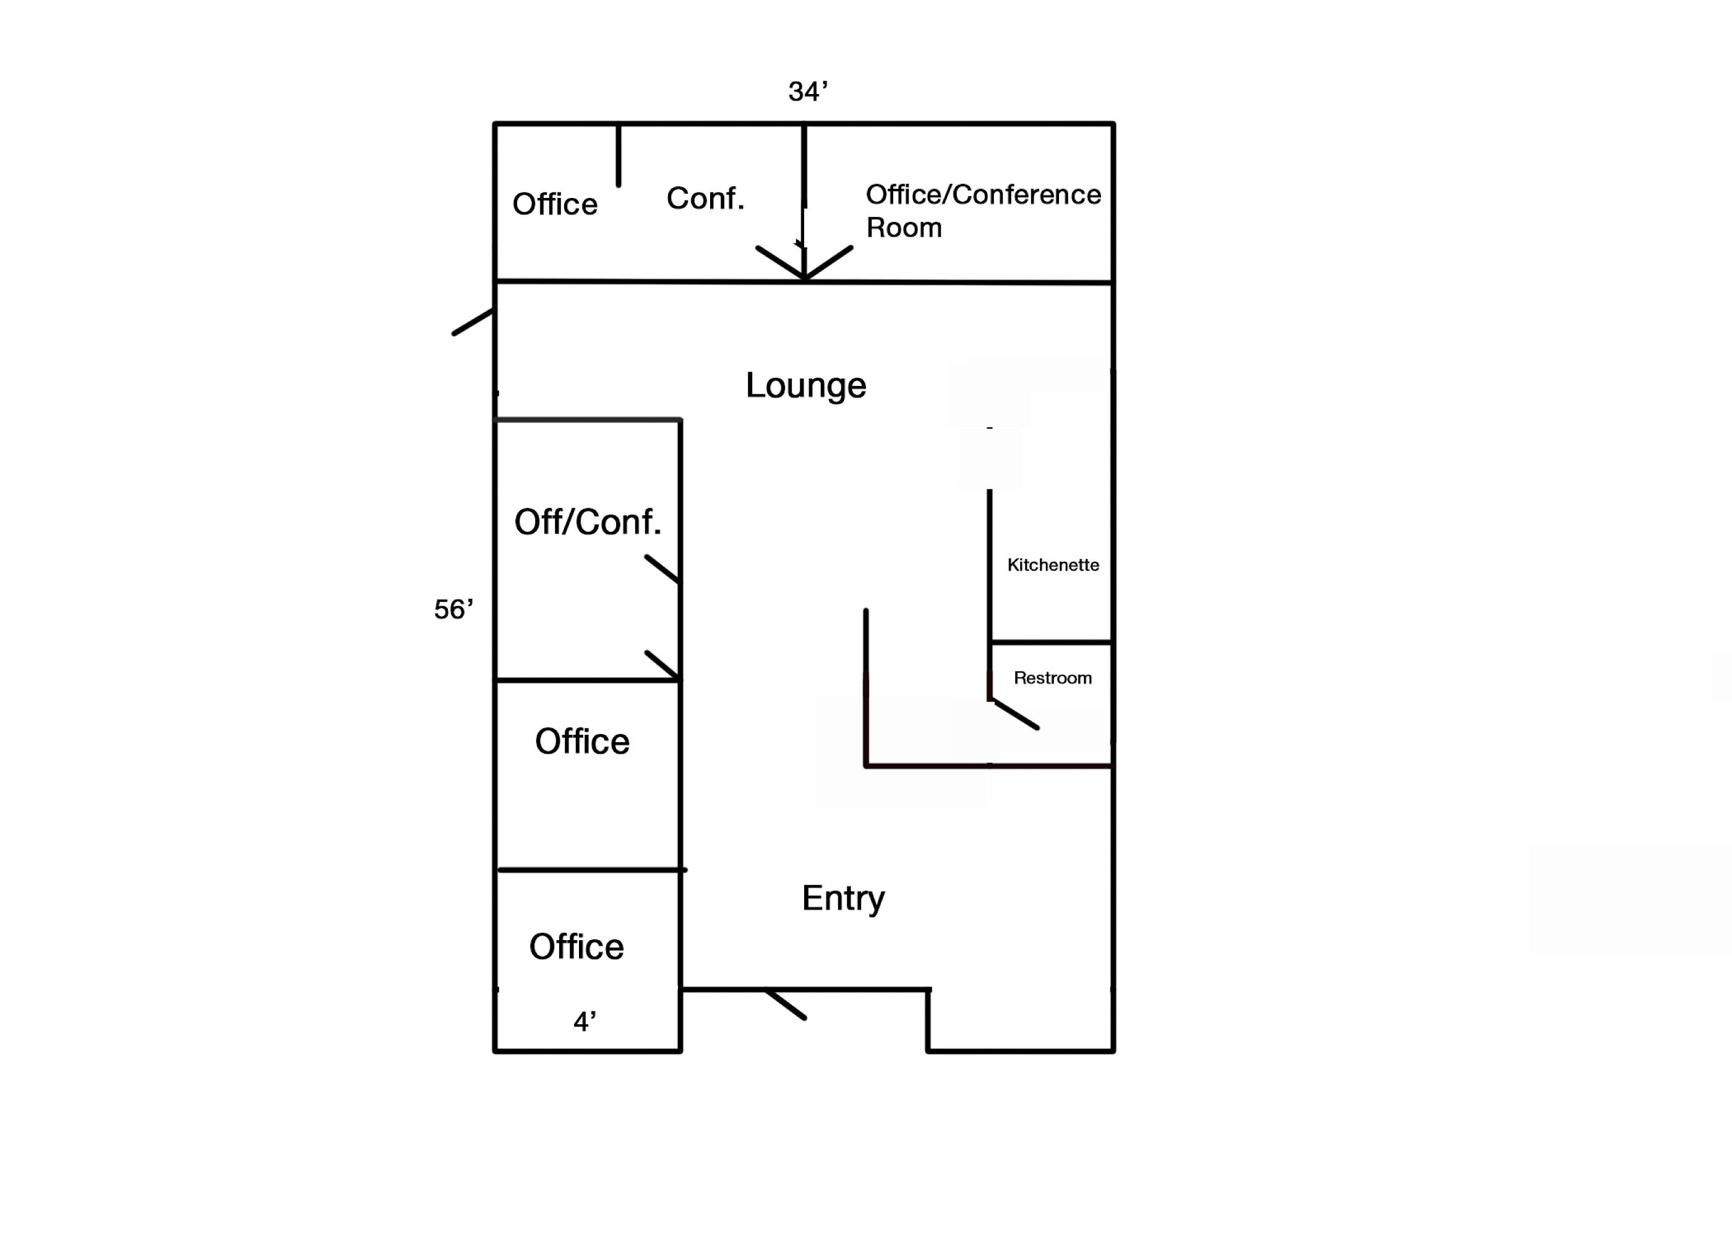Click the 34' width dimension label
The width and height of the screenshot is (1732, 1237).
pyautogui.click(x=807, y=92)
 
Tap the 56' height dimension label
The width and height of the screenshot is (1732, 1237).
pyautogui.click(x=453, y=609)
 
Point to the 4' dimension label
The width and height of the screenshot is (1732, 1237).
pyautogui.click(x=584, y=1021)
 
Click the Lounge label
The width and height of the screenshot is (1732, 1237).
pyautogui.click(x=806, y=385)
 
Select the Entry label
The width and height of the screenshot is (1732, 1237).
pyautogui.click(x=843, y=898)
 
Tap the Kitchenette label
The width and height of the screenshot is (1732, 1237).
pyautogui.click(x=1053, y=565)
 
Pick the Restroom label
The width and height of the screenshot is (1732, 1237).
pyautogui.click(x=1053, y=677)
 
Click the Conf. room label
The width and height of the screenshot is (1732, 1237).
pyautogui.click(x=705, y=198)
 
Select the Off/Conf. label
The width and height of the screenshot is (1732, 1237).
pyautogui.click(x=587, y=522)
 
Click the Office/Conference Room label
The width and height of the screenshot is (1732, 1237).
pyautogui.click(x=982, y=210)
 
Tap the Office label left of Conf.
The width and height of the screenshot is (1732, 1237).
pyautogui.click(x=554, y=204)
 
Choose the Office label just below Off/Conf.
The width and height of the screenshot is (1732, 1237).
pyautogui.click(x=582, y=741)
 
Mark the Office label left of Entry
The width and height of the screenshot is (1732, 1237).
pyautogui.click(x=577, y=946)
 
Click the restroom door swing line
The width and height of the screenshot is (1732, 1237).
pyautogui.click(x=1016, y=714)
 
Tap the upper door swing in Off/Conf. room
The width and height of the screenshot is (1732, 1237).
pyautogui.click(x=662, y=569)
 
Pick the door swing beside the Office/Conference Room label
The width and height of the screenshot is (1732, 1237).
pyautogui.click(x=829, y=262)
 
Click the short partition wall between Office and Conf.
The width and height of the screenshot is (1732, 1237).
pyautogui.click(x=619, y=155)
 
